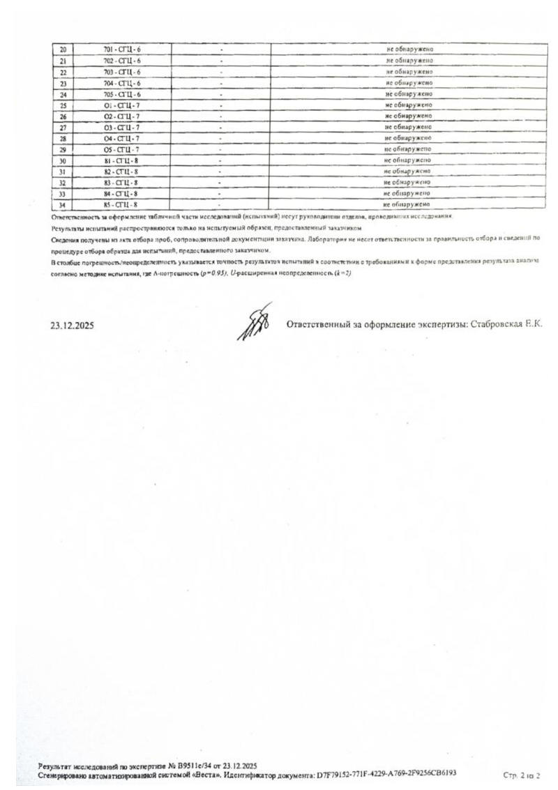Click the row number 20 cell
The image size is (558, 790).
coord(63,50)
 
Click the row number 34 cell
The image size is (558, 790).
coord(62,205)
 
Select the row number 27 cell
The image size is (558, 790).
coord(63,128)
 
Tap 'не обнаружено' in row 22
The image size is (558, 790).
coord(409,72)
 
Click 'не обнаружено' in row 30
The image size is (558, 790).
coord(408,160)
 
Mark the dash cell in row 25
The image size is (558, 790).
coord(220,105)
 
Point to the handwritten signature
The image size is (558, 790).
coord(254,322)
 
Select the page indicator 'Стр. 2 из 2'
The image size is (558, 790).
coord(521,775)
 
